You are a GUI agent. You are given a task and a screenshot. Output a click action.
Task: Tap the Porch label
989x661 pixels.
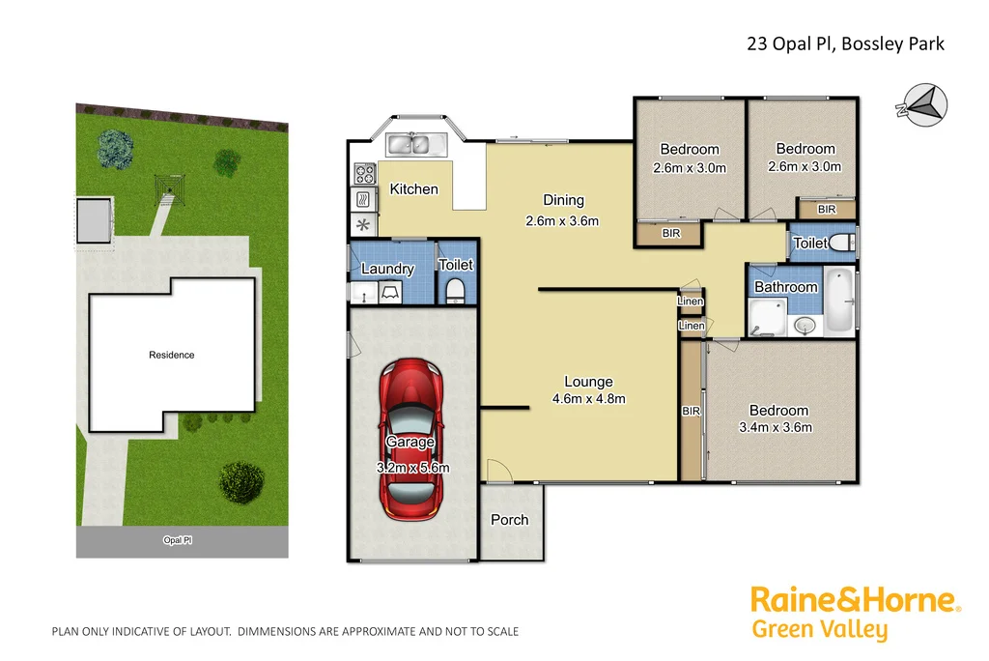(509, 520)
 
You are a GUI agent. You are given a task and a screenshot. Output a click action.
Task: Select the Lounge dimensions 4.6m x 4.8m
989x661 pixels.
(589, 398)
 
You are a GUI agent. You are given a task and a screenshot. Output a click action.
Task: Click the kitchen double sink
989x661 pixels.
(414, 145)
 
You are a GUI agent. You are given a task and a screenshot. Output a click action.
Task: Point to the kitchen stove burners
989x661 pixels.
(365, 175)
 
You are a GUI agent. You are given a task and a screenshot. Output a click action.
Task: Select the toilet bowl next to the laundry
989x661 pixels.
(456, 290)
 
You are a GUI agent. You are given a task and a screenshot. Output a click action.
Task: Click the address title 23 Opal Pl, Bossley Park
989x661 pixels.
(845, 43)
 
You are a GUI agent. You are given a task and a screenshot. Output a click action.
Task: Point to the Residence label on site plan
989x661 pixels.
(172, 355)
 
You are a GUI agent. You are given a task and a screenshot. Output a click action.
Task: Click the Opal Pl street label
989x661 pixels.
(178, 542)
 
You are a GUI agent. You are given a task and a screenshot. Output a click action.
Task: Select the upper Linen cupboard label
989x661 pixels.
(691, 302)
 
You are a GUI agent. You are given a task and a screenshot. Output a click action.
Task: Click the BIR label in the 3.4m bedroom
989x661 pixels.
(691, 412)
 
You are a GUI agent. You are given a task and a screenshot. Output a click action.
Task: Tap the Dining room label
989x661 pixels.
(563, 200)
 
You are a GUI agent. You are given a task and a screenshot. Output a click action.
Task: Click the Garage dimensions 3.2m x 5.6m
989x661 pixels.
(412, 468)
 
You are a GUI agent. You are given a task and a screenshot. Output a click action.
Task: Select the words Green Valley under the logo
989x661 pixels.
(819, 631)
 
